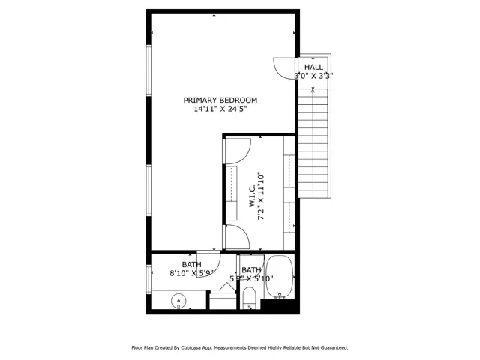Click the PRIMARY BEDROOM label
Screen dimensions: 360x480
pyautogui.click(x=220, y=100)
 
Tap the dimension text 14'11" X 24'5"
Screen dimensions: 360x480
pyautogui.click(x=220, y=109)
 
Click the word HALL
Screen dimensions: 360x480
pyautogui.click(x=313, y=67)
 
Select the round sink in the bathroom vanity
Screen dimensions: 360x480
pyautogui.click(x=179, y=301)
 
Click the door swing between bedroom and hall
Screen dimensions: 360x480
pyautogui.click(x=286, y=68)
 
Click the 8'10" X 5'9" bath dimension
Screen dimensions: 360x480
pyautogui.click(x=192, y=274)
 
